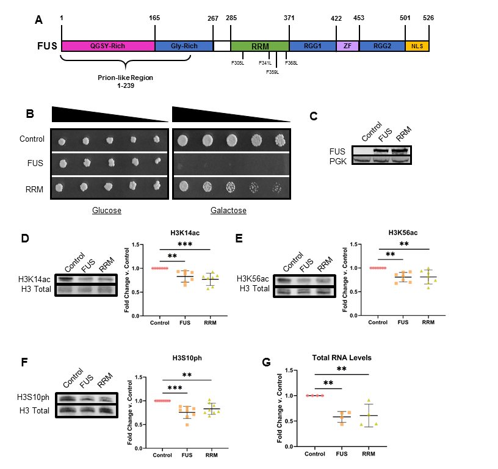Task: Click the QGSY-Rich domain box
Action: click(108, 46)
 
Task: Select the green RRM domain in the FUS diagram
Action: click(260, 46)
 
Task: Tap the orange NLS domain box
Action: click(417, 46)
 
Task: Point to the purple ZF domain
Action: click(347, 46)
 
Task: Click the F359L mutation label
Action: click(273, 72)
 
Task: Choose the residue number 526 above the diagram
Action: click(428, 18)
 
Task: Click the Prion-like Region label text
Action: click(126, 78)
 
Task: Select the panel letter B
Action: click(30, 114)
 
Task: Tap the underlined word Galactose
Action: click(228, 210)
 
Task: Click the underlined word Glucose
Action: click(107, 210)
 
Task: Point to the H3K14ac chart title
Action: click(185, 233)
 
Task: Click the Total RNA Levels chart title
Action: click(342, 358)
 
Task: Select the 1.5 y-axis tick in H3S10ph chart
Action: click(139, 377)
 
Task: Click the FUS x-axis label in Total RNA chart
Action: click(342, 454)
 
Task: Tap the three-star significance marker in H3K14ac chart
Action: click(185, 244)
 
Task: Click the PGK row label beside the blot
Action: click(338, 161)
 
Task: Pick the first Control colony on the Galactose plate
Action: click(182, 140)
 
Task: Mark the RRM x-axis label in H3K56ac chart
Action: click(428, 322)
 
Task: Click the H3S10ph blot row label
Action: click(34, 397)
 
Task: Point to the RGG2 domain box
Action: click(382, 46)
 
